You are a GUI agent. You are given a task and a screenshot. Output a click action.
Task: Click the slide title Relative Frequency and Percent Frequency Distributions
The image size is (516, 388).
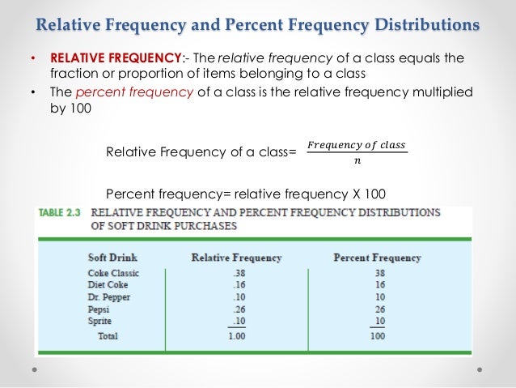[x=259, y=23]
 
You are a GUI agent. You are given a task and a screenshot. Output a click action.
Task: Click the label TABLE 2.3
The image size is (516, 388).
[x=61, y=214]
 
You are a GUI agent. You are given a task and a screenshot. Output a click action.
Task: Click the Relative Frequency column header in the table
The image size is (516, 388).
[x=236, y=258]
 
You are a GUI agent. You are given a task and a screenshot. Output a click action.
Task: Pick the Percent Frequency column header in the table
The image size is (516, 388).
[x=377, y=258]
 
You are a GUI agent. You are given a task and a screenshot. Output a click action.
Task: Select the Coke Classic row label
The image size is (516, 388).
[x=113, y=273]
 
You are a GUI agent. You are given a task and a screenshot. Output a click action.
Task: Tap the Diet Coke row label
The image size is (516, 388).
[x=108, y=285]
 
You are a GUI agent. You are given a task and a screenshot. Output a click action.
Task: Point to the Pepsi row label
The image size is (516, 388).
[x=99, y=309]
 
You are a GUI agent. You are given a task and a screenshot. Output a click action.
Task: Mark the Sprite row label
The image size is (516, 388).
[x=100, y=322]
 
